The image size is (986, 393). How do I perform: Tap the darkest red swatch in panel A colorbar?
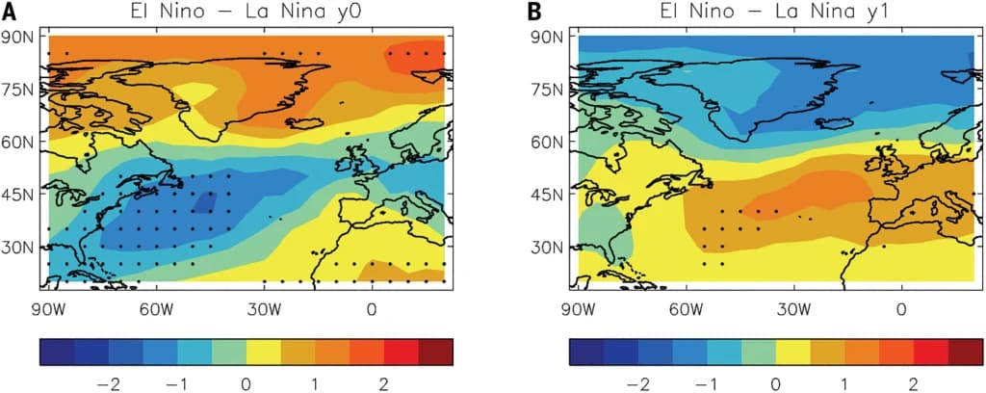coord(436,352)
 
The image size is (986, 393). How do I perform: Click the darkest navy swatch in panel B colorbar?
coord(585,352)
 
